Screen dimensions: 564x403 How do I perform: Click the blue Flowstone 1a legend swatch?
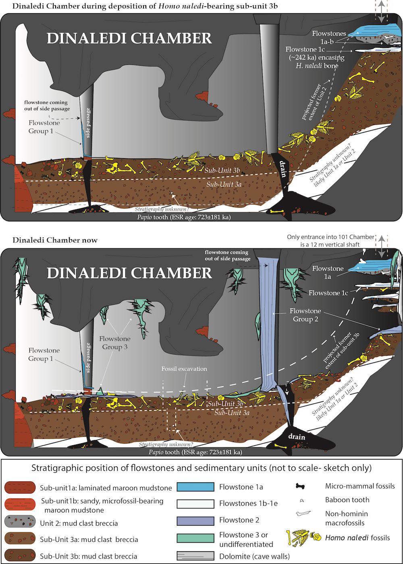point(195,487)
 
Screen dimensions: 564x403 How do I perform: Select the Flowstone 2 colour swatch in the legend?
point(195,520)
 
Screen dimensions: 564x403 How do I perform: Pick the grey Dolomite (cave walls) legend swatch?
point(195,556)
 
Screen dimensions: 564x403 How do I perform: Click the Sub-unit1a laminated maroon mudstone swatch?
point(21,488)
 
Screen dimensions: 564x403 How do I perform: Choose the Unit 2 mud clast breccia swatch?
point(21,522)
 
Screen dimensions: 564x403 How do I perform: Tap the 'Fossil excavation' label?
point(184,369)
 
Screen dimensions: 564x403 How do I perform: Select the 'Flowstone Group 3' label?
point(115,343)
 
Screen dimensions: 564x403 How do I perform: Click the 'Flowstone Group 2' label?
point(305,315)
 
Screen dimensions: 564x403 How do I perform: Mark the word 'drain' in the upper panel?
point(282,169)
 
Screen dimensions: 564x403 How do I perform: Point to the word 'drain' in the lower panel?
point(297,437)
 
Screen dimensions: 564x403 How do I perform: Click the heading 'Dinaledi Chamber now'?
point(55,240)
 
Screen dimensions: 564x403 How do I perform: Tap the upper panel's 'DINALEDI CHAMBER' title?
point(129,38)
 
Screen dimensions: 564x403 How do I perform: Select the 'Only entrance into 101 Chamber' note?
point(330,237)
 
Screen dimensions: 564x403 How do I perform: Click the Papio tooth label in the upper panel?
point(184,217)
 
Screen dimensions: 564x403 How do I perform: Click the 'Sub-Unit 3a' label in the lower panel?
point(232,413)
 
